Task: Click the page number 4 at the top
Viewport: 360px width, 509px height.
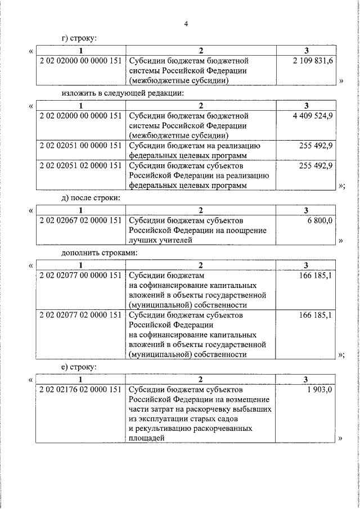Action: pos(186,24)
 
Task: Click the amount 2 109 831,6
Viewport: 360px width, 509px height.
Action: pos(313,60)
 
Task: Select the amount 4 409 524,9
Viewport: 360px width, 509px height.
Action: pos(313,115)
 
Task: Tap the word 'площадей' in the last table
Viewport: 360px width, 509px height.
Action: pos(146,439)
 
